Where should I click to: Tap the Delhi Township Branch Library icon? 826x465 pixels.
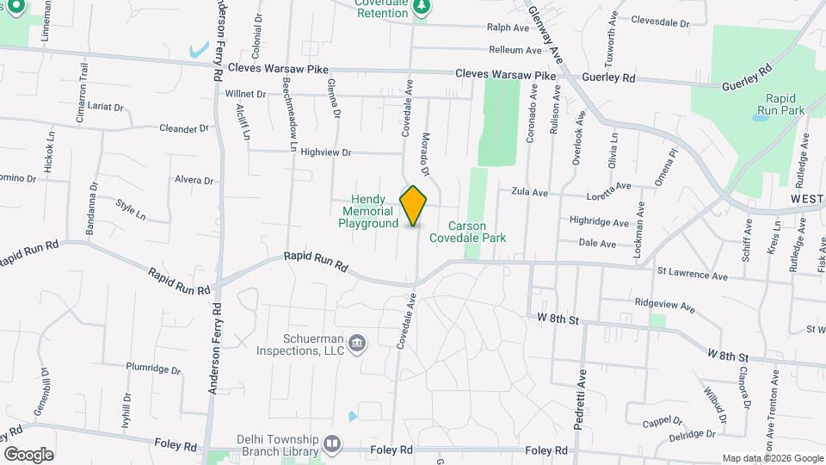point(332,444)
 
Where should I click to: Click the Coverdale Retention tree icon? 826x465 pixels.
point(421,8)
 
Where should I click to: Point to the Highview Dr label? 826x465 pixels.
point(326,152)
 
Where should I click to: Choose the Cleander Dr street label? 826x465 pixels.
point(184,129)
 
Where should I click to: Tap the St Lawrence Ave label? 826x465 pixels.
point(692,276)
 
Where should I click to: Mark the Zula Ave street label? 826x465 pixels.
point(529,192)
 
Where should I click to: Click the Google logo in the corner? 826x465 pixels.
point(29,454)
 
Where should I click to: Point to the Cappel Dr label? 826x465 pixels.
point(663,422)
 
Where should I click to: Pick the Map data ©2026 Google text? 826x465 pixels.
point(771,458)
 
